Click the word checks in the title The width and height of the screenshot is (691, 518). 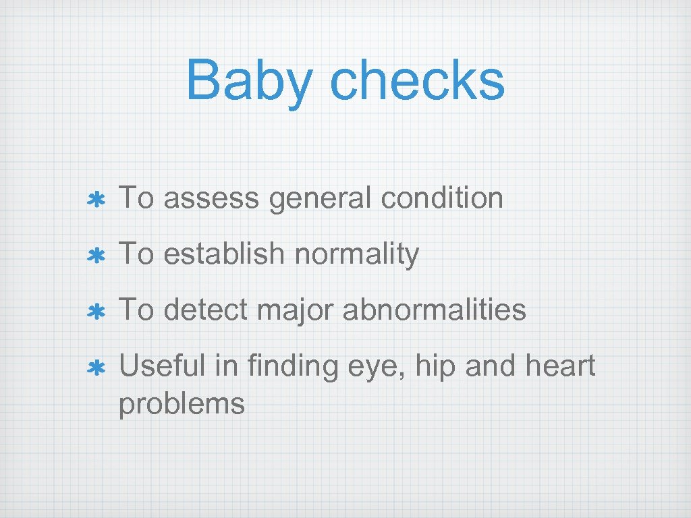click(417, 80)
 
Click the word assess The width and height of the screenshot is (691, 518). click(211, 199)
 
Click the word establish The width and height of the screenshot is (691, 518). click(224, 254)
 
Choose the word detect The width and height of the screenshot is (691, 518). click(198, 310)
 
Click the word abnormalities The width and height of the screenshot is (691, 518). click(434, 310)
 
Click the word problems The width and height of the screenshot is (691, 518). click(182, 404)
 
